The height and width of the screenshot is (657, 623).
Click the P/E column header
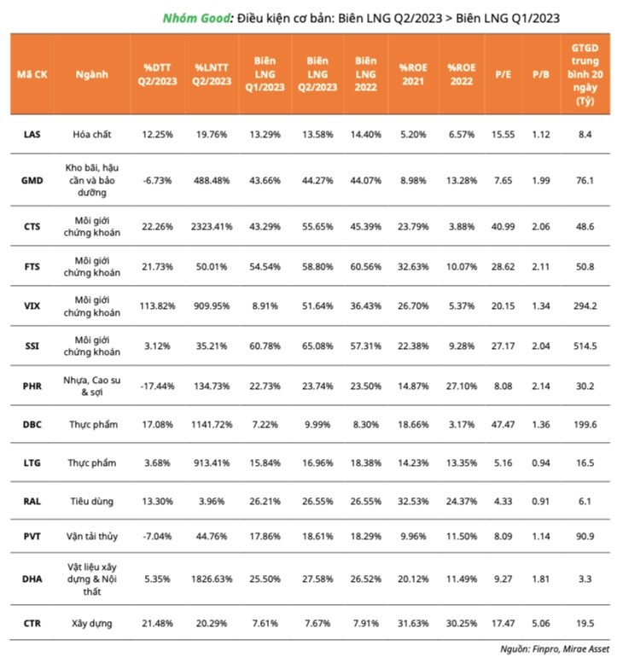(x=503, y=74)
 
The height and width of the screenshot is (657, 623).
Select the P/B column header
(x=540, y=74)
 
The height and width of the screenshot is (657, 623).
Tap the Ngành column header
(x=91, y=74)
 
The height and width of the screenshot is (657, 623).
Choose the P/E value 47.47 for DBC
(x=503, y=423)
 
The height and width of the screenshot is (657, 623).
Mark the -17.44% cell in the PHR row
(x=159, y=386)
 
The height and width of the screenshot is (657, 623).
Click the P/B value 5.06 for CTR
(x=540, y=625)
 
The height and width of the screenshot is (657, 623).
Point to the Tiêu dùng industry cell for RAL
(x=91, y=503)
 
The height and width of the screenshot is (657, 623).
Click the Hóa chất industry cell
(x=91, y=134)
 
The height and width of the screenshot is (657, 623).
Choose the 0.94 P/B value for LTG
(x=540, y=462)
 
